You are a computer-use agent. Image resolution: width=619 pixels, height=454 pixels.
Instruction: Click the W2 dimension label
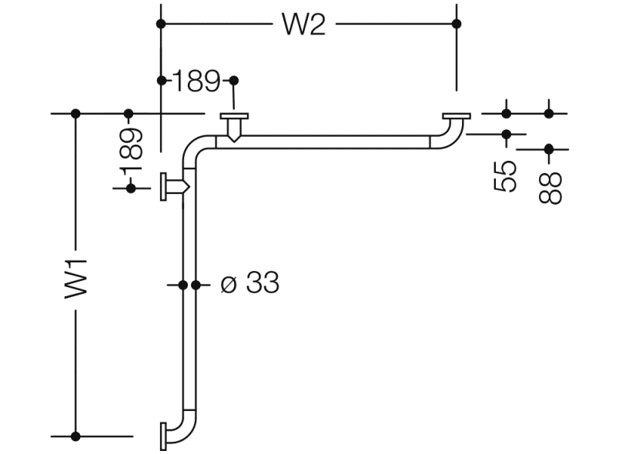(x=304, y=24)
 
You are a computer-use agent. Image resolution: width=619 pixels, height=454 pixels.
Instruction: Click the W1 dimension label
(x=75, y=278)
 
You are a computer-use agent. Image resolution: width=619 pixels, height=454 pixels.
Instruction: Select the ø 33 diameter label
(x=249, y=284)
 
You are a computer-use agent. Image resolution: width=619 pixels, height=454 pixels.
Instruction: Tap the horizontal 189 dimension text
(x=197, y=80)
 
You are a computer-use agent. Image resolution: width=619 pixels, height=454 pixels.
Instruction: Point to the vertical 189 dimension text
(x=132, y=152)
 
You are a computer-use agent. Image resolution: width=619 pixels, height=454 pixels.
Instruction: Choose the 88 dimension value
(x=550, y=187)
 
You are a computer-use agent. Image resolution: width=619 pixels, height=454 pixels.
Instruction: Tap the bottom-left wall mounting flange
(x=163, y=436)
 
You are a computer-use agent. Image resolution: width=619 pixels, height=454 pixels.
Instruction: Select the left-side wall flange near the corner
(x=164, y=187)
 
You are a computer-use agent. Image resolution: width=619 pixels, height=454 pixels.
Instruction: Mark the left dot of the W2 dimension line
(x=160, y=24)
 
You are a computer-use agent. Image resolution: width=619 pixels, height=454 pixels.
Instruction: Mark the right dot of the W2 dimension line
(x=457, y=24)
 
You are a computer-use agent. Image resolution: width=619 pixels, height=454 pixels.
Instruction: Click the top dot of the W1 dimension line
(x=75, y=114)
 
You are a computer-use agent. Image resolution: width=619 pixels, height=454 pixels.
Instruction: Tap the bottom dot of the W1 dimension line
(x=75, y=436)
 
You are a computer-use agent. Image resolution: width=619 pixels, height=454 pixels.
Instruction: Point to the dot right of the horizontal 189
(x=234, y=80)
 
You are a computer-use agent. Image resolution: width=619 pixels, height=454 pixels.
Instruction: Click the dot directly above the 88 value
(x=549, y=149)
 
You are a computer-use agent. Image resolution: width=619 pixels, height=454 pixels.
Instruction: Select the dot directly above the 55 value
(x=507, y=134)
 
